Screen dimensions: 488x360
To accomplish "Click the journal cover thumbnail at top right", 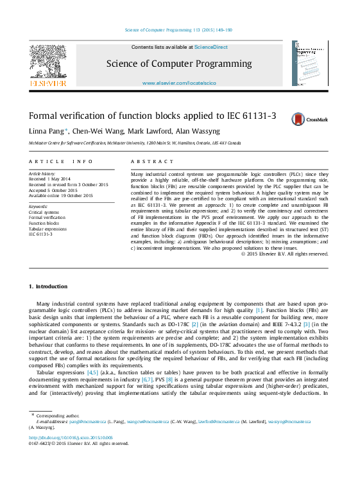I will (310, 64).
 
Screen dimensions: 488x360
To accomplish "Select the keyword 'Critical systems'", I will (44, 212).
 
